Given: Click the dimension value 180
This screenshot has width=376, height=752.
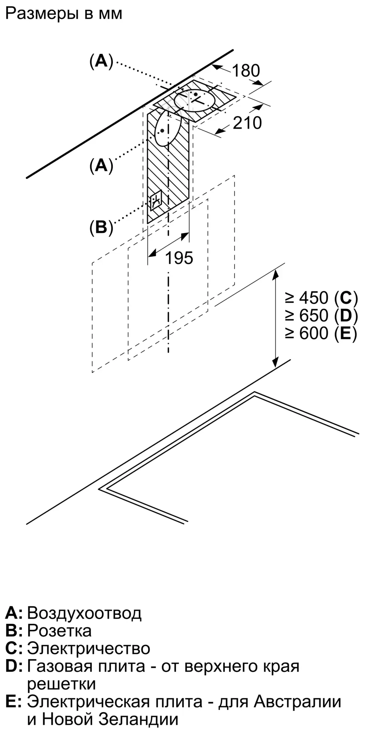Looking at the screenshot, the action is tap(246, 71).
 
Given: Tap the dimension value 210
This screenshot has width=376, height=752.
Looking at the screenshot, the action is tap(247, 123).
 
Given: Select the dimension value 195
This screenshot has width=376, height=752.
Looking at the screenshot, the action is tap(179, 258).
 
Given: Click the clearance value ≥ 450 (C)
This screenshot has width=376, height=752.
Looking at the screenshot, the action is tap(321, 298).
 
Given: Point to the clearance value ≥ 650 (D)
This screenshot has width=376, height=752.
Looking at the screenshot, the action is tap(321, 315).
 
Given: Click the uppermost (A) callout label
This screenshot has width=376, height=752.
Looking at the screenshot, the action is tap(101, 61).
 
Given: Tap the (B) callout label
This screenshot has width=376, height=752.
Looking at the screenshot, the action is tap(101, 227).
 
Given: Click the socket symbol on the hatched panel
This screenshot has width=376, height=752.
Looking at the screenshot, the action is tap(156, 200).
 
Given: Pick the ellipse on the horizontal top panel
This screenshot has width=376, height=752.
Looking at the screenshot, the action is tap(195, 100).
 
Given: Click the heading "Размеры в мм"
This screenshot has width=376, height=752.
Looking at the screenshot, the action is tap(64, 14).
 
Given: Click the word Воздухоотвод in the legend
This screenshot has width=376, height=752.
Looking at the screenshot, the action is tap(85, 613).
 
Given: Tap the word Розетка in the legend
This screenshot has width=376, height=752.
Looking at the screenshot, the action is tap(59, 631).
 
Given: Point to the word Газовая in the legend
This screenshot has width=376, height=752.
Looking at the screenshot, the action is tap(60, 666).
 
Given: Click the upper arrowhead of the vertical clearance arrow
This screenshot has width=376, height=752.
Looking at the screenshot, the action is tap(276, 273).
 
